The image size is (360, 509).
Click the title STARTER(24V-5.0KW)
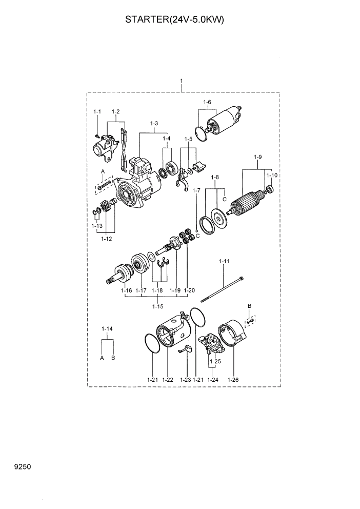coord(175,21)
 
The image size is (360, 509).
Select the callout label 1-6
coord(207,102)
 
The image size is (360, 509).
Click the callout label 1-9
coord(258,156)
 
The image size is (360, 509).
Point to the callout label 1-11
coord(224,262)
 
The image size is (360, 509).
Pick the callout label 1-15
coord(158,306)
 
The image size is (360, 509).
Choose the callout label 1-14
coord(107,328)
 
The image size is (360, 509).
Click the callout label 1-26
coord(233,380)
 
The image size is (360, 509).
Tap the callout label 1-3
coord(154,124)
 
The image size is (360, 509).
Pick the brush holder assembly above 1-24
coord(213,343)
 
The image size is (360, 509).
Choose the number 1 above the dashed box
coord(182,82)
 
